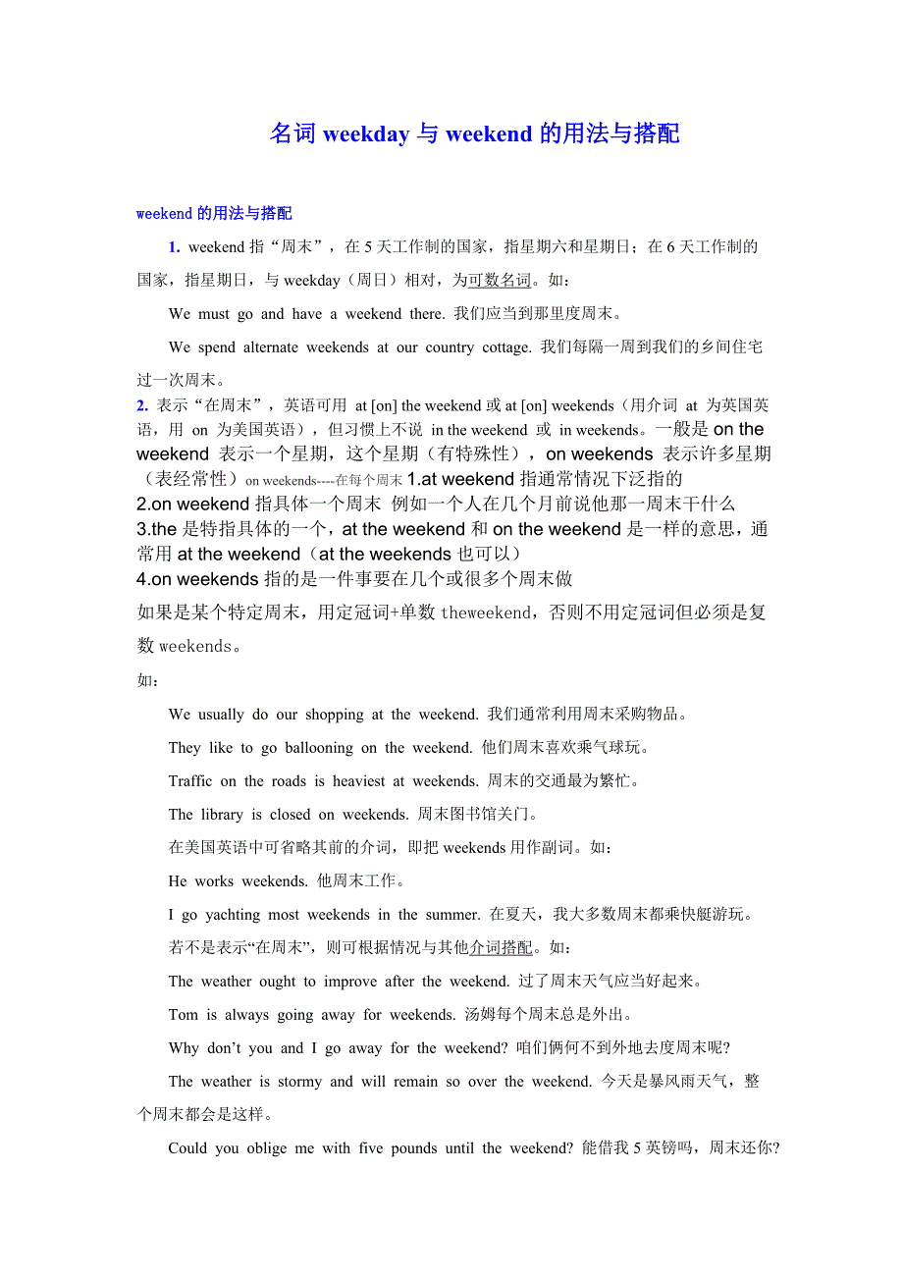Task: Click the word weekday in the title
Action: tap(365, 133)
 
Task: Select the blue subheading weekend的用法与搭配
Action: tap(214, 213)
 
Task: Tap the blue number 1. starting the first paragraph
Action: tap(174, 246)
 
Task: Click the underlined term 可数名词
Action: tap(500, 280)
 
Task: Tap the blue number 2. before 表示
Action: tap(142, 404)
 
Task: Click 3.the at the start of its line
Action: tap(157, 529)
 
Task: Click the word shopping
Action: tap(334, 714)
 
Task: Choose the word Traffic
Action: tap(189, 780)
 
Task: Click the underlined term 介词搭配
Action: tap(501, 947)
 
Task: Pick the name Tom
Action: tap(183, 1014)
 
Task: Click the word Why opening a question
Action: tap(184, 1047)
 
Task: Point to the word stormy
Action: tap(299, 1081)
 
